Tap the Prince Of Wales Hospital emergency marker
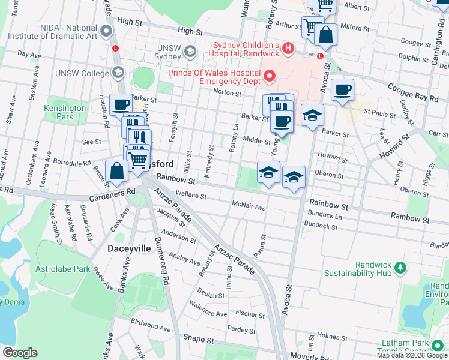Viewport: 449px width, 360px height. [x=270, y=76]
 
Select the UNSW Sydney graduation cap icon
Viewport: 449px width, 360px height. [x=191, y=51]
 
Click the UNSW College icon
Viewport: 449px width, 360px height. [x=118, y=73]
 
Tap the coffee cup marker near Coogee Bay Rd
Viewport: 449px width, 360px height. [x=342, y=90]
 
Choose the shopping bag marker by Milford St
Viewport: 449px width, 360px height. [x=325, y=35]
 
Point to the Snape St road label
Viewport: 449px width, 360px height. [x=199, y=339]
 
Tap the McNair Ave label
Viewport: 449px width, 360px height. [x=248, y=207]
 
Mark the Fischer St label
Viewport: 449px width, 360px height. [x=250, y=314]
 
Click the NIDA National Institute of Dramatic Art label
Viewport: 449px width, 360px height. [x=68, y=32]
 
